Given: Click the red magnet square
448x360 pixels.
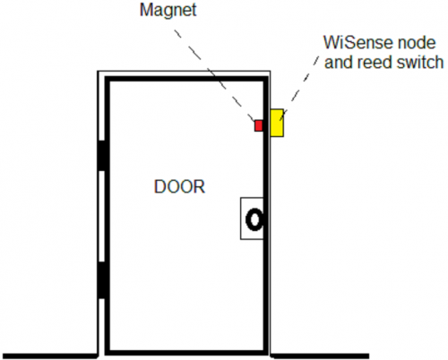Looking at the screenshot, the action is pos(259,125).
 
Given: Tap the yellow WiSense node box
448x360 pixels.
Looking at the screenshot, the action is pos(277,123).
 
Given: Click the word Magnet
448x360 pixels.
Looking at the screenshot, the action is pos(168,10).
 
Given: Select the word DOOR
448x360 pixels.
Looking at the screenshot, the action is pos(179,186).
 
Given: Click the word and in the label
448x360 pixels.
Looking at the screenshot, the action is pos(339,62).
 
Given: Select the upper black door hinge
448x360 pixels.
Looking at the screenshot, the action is pos(102,155).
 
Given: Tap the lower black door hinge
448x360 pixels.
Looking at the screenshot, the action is pos(102,280).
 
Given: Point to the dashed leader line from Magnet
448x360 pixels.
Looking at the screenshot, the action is pos(215,75).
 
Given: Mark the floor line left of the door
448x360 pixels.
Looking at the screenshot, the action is pos(50,356).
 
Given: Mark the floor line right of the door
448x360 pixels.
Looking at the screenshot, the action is pos(320,356).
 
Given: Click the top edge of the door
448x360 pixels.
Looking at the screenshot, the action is pos(186,79).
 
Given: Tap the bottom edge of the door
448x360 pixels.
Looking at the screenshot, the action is pos(186,353).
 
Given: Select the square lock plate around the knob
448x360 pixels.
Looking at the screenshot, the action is pos(241,219).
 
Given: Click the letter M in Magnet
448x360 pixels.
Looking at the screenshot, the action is pos(146,10).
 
